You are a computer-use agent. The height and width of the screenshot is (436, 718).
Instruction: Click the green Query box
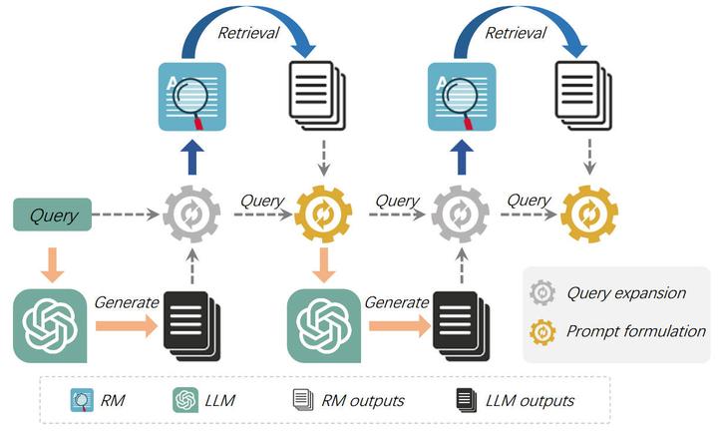(x=53, y=214)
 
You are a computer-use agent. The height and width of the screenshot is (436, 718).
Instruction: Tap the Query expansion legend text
(x=626, y=293)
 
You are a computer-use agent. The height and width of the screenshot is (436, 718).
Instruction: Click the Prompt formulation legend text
(x=635, y=331)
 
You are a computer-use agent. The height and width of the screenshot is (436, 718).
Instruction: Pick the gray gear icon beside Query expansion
(x=544, y=293)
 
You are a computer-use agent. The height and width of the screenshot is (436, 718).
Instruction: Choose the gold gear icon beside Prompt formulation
(x=544, y=331)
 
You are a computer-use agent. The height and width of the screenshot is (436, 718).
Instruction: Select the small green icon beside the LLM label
(x=183, y=401)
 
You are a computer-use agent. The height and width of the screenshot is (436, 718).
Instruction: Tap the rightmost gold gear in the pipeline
(x=589, y=214)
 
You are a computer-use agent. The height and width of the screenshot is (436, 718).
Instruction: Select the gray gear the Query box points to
(x=190, y=214)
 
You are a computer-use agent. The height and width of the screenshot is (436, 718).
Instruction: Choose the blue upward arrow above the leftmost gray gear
(x=190, y=158)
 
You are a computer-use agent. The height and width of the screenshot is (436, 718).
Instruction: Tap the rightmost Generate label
(x=396, y=301)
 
